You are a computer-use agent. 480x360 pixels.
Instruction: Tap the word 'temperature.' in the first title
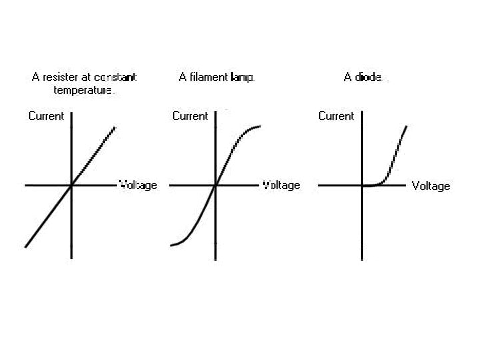[x=85, y=90]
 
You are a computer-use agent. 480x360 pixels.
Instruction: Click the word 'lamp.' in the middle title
[x=243, y=77]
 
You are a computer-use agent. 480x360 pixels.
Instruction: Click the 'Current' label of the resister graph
[x=47, y=116]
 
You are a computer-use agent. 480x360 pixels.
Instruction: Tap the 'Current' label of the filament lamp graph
[x=191, y=116]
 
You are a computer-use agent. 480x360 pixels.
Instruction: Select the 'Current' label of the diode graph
[x=336, y=116]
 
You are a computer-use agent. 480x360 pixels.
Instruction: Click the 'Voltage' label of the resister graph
[x=138, y=185]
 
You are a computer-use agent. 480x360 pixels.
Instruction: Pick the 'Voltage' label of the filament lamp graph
[x=281, y=185]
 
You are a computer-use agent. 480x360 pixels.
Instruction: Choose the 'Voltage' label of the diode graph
[x=431, y=186]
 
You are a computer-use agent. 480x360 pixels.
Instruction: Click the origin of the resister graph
[x=71, y=185]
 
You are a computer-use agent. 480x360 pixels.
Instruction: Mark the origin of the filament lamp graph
[x=215, y=185]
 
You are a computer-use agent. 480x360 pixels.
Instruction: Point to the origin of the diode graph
[x=362, y=185]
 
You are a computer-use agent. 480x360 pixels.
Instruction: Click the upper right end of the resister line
[x=115, y=127]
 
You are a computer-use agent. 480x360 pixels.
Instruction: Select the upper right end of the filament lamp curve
[x=259, y=125]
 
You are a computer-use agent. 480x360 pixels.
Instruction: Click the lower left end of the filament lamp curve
[x=171, y=245]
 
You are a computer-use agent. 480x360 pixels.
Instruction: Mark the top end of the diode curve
[x=406, y=125]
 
